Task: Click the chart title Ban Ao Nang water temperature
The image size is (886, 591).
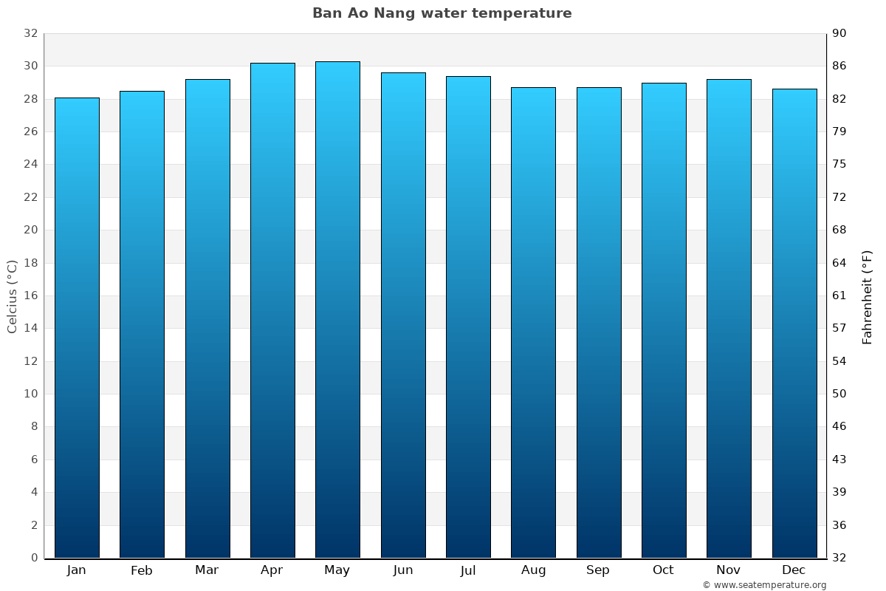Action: [442, 13]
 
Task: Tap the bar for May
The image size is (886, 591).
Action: [337, 310]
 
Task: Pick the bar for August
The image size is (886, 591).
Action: [533, 322]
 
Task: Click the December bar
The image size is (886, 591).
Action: [794, 323]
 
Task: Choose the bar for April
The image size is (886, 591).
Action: [272, 310]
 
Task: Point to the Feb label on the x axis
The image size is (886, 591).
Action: [141, 570]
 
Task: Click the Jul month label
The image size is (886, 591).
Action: [467, 570]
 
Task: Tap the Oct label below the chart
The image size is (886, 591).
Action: [663, 570]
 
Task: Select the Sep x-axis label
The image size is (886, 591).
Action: [598, 570]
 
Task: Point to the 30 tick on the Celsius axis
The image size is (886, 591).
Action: [30, 66]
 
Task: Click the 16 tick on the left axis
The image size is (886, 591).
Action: [30, 295]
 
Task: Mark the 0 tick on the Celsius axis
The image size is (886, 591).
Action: [34, 558]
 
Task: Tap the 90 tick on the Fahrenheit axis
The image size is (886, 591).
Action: [839, 33]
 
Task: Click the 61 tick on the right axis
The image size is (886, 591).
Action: [839, 295]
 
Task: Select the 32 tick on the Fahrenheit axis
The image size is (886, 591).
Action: [839, 558]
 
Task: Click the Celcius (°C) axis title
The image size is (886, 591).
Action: [12, 295]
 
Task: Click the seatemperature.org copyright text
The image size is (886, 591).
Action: [763, 585]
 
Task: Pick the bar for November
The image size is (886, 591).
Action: [729, 318]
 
